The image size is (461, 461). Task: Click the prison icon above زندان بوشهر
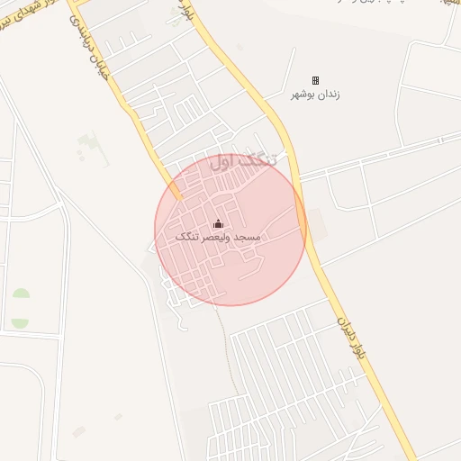315,81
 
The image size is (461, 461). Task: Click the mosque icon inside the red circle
217,224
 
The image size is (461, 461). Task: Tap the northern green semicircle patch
20,294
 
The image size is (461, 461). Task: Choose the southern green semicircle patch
20,321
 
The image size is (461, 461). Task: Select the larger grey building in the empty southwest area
79,431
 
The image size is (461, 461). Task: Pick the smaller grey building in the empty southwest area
118,416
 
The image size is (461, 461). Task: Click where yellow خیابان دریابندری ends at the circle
177,194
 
